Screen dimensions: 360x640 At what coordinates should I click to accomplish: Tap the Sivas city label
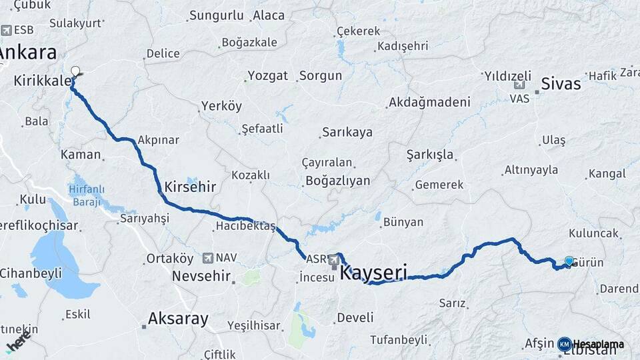[x=561, y=84]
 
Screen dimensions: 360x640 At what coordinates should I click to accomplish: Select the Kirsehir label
[x=190, y=187]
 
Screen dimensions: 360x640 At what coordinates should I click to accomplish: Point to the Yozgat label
[x=267, y=75]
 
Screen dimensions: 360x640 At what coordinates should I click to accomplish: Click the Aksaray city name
[x=178, y=318]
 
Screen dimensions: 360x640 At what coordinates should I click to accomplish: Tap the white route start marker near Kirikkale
[x=75, y=71]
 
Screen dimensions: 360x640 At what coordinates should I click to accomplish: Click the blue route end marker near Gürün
[x=569, y=261]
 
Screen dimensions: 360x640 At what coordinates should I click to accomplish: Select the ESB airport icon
[x=7, y=30]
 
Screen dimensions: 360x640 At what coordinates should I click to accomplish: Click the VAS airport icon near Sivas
[x=520, y=85]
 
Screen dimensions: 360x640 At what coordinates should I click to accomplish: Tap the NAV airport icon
[x=208, y=257]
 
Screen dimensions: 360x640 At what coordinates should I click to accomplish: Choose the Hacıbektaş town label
[x=245, y=227]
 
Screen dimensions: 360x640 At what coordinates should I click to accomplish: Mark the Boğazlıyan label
[x=337, y=180]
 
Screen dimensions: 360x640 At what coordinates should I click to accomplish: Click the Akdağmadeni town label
[x=430, y=102]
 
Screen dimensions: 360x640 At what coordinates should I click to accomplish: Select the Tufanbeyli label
[x=398, y=339]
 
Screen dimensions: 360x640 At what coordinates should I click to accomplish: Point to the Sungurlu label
[x=216, y=15]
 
